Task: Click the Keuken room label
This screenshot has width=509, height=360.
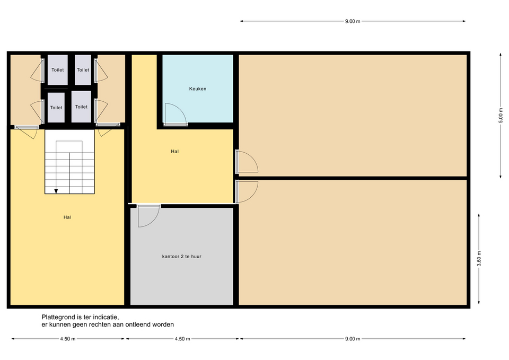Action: (x=198, y=89)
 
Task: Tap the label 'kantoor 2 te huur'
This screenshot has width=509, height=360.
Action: (x=182, y=257)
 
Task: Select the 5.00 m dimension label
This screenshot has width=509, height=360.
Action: (x=501, y=116)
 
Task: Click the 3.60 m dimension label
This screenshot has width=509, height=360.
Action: (x=479, y=259)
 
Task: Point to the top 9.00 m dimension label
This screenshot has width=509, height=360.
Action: (x=353, y=21)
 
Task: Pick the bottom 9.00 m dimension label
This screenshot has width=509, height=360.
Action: (x=353, y=339)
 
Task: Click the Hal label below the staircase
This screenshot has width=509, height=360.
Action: (x=67, y=217)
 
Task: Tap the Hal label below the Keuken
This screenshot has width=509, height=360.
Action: (x=174, y=151)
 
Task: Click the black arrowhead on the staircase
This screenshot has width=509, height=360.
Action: (x=56, y=191)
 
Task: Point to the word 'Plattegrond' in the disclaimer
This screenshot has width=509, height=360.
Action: (x=58, y=317)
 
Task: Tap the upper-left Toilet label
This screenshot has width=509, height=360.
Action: (x=58, y=70)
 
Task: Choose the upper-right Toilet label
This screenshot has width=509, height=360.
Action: (x=83, y=70)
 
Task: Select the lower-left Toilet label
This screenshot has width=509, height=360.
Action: (x=56, y=108)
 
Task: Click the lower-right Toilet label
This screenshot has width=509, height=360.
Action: (x=81, y=107)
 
